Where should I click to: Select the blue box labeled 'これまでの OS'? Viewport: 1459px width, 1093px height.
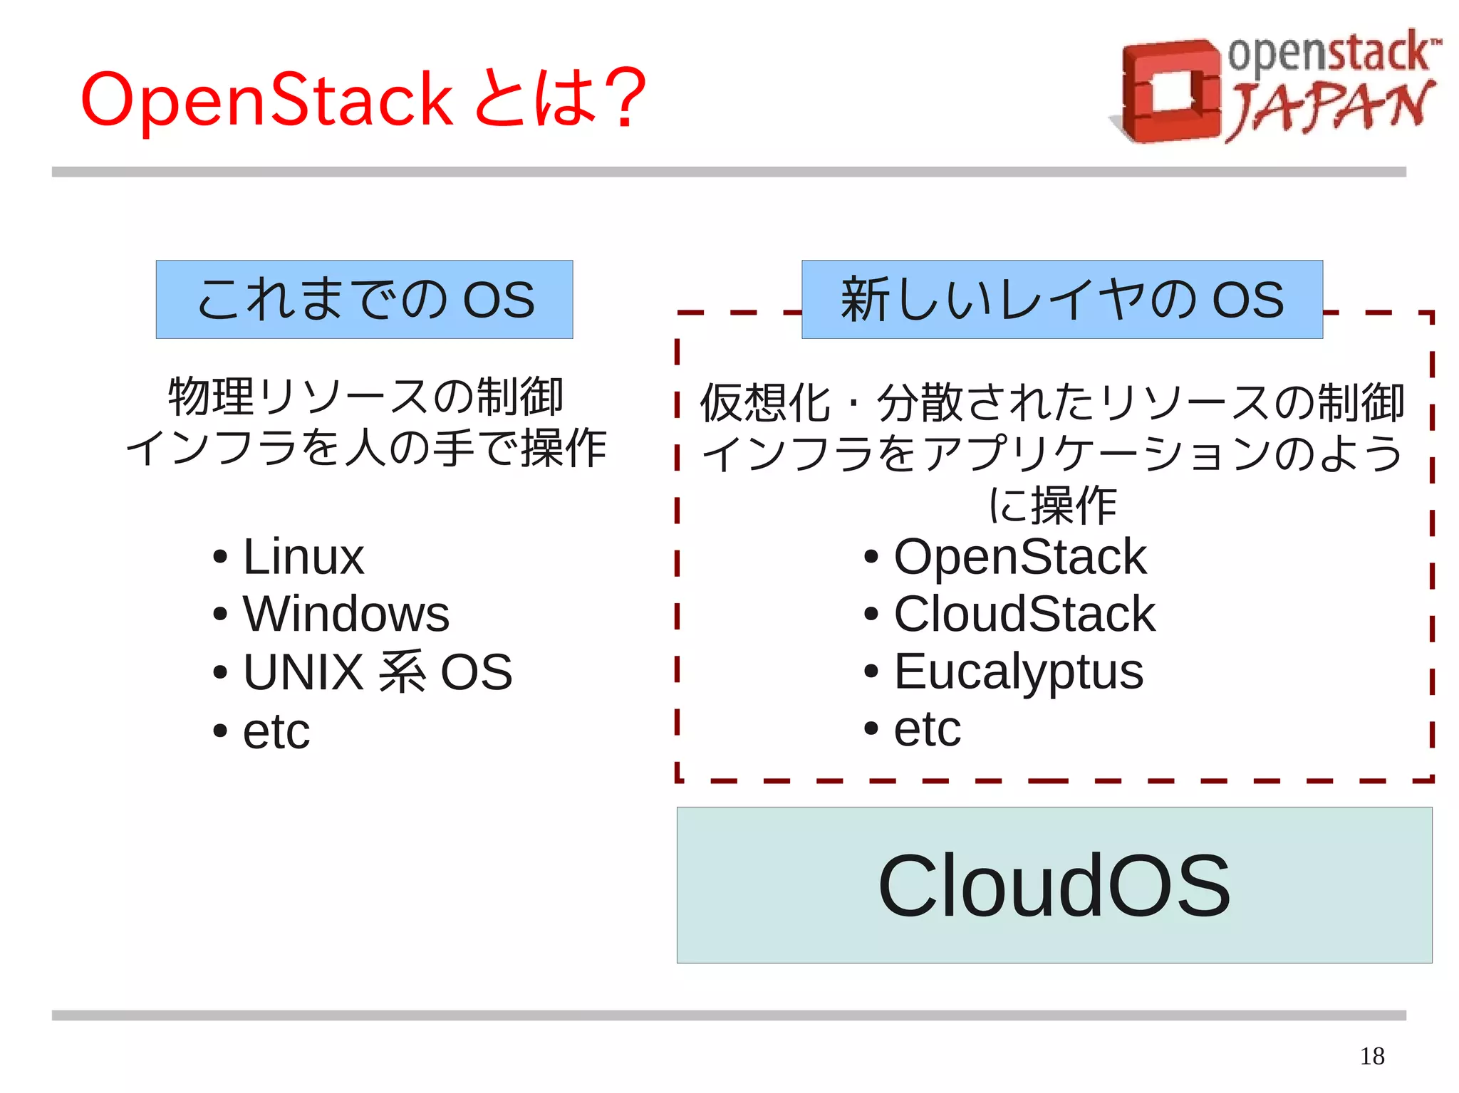pyautogui.click(x=364, y=299)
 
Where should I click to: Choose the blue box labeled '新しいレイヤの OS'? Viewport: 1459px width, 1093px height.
pyautogui.click(x=1061, y=299)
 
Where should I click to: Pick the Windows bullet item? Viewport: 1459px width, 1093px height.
pyautogui.click(x=346, y=614)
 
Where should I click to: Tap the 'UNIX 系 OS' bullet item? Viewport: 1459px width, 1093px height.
pyautogui.click(x=377, y=671)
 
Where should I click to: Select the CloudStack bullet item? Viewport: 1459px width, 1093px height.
pyautogui.click(x=1024, y=614)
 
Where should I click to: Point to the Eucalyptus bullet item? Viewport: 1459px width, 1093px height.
pyautogui.click(x=1018, y=671)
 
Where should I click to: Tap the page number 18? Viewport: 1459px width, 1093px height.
pyautogui.click(x=1371, y=1056)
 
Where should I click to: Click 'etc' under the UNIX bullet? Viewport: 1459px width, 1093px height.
pyautogui.click(x=276, y=731)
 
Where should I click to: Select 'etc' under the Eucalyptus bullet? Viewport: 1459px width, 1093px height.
pyautogui.click(x=927, y=728)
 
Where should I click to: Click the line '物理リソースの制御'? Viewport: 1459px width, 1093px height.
pyautogui.click(x=365, y=396)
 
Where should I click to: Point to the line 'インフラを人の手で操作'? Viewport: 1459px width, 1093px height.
pyautogui.click(x=365, y=449)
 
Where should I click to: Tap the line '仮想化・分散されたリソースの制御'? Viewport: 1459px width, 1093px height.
pyautogui.click(x=1052, y=402)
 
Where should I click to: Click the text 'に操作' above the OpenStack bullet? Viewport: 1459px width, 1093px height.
pyautogui.click(x=1052, y=505)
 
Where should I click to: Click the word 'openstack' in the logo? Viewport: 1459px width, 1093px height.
pyautogui.click(x=1329, y=53)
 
